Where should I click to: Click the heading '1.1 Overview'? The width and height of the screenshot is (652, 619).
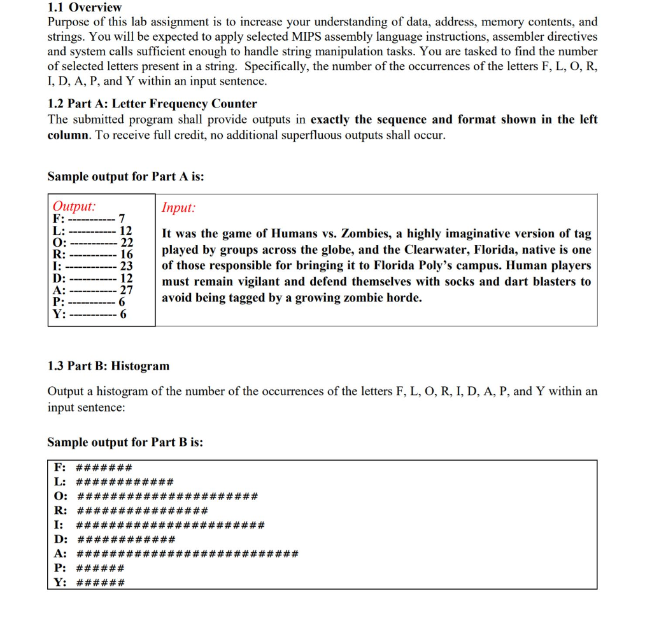[x=84, y=8]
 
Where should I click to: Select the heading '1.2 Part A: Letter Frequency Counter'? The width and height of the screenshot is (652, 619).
[x=152, y=104]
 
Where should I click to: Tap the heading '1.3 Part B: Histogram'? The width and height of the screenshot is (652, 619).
[x=108, y=366]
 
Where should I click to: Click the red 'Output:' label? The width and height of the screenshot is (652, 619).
[x=74, y=206]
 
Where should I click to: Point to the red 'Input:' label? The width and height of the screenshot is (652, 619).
[x=178, y=207]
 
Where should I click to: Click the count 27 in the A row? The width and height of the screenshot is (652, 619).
[x=126, y=290]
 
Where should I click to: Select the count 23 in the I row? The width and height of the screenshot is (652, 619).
[x=126, y=266]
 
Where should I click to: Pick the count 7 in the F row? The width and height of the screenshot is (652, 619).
[x=122, y=219]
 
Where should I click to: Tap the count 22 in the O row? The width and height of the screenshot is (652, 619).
[x=127, y=242]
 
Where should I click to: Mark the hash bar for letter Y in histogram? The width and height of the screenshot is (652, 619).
[x=100, y=582]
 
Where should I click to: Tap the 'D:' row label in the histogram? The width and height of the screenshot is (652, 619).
[x=60, y=539]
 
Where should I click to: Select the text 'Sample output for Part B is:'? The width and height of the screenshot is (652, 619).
[x=125, y=442]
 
